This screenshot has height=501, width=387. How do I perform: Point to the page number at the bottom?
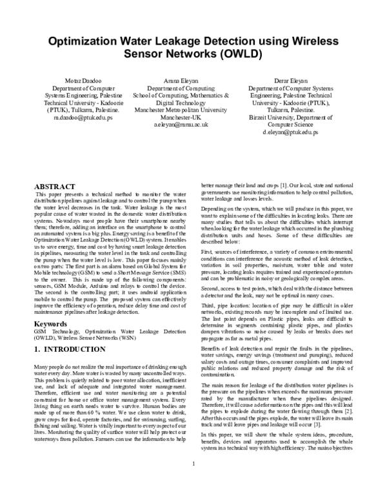point(193,482)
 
